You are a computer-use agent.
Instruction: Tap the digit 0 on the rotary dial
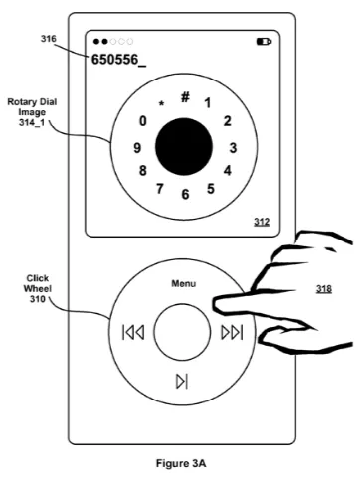click(x=143, y=121)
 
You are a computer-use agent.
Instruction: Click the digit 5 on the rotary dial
click(x=210, y=188)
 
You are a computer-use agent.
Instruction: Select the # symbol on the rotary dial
click(x=185, y=97)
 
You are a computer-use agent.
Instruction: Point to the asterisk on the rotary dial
click(x=161, y=103)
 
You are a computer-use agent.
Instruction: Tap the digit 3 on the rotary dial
click(x=232, y=147)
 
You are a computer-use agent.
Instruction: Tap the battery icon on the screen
click(x=264, y=43)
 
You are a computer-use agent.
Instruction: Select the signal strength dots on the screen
click(x=110, y=43)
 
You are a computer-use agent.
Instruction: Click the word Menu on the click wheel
click(x=183, y=283)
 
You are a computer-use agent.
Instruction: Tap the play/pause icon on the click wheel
click(x=181, y=380)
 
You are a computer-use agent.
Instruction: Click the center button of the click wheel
click(x=182, y=331)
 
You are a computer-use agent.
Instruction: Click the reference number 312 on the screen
click(x=262, y=223)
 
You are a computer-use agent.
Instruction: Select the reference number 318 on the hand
click(x=323, y=289)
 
